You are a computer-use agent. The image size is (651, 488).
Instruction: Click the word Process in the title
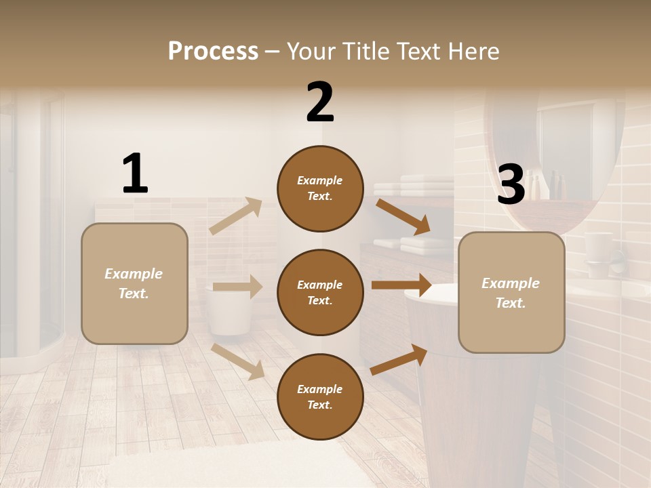[213, 52]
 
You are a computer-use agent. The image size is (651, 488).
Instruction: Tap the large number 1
[135, 174]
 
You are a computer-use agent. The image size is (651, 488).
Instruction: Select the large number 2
[320, 102]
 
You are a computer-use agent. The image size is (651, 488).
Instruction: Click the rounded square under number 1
[134, 283]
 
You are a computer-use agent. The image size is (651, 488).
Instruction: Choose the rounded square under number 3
[511, 293]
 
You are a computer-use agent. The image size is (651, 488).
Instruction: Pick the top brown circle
[320, 188]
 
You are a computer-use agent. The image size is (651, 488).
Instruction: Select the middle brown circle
[320, 292]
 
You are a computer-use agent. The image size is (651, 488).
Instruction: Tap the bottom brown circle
[320, 396]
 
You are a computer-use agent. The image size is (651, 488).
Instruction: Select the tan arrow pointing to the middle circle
[237, 287]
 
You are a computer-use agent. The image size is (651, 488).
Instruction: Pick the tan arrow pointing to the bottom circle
[237, 361]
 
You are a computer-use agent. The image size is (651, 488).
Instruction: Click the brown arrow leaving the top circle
[403, 216]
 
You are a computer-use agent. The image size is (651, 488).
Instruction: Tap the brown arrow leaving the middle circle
[401, 285]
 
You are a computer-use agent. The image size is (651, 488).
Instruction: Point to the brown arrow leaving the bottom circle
[399, 359]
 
